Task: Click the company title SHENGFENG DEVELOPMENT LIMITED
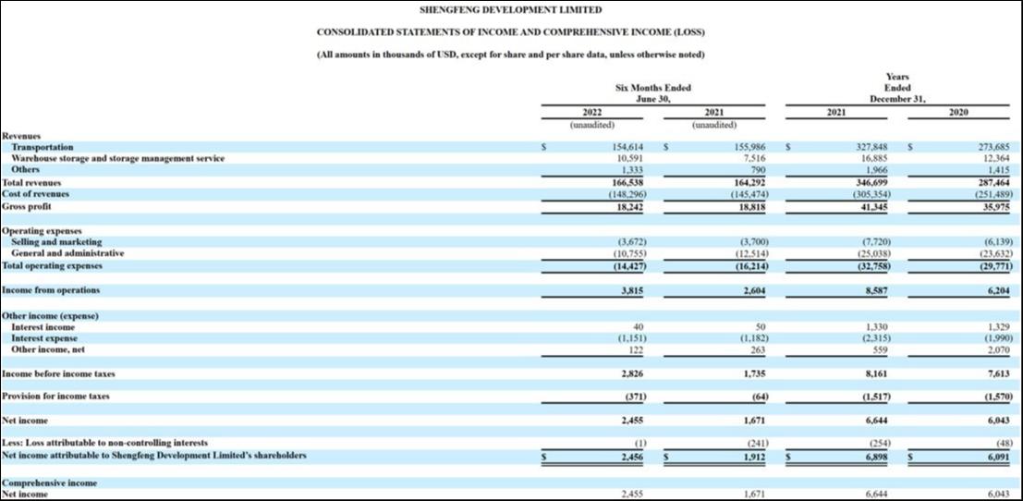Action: pyautogui.click(x=510, y=10)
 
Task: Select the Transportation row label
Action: pyautogui.click(x=43, y=147)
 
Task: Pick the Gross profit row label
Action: pyautogui.click(x=27, y=206)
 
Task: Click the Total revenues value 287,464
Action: pyautogui.click(x=994, y=183)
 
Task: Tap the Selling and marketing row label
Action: pyautogui.click(x=56, y=242)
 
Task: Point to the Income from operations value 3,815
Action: pyautogui.click(x=631, y=290)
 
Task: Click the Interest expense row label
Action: pyautogui.click(x=45, y=338)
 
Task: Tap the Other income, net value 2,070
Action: pyautogui.click(x=998, y=350)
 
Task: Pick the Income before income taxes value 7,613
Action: pyautogui.click(x=998, y=374)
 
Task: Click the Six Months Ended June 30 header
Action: pyautogui.click(x=652, y=92)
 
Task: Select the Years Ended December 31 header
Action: pyautogui.click(x=897, y=88)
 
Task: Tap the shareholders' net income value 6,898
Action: pyautogui.click(x=876, y=456)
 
